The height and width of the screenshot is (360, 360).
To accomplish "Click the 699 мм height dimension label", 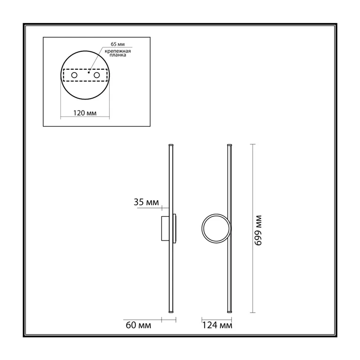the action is click(x=258, y=230).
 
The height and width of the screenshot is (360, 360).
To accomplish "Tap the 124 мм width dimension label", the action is click(x=217, y=325).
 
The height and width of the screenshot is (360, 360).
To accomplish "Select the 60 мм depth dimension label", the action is click(x=139, y=325).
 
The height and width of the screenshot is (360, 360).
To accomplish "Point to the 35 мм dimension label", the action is click(x=146, y=202).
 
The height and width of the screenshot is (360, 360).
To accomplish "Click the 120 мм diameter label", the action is click(x=85, y=113).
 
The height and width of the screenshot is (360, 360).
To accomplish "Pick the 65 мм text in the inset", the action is click(x=118, y=44).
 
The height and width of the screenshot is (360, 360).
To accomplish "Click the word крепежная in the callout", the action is click(x=118, y=51).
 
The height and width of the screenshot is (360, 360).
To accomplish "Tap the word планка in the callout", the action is click(x=118, y=55).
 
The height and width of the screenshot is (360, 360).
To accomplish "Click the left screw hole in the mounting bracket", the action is click(x=74, y=75).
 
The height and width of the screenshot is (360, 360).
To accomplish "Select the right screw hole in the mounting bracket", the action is click(x=97, y=75).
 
